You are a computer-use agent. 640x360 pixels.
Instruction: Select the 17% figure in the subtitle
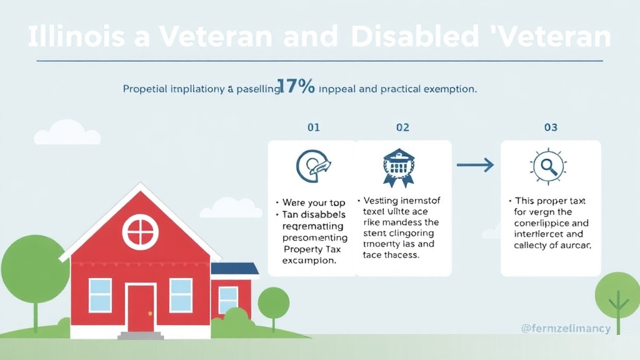[x=298, y=87]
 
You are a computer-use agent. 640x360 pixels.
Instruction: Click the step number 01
[x=313, y=127]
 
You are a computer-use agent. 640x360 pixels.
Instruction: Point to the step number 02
[x=402, y=127]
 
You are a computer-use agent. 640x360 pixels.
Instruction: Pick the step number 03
[x=551, y=127]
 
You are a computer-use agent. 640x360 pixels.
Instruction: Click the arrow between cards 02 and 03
[x=475, y=165]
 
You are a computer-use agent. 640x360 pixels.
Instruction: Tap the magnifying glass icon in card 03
[x=549, y=166]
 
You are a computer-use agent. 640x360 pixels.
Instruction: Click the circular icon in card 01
[x=312, y=166]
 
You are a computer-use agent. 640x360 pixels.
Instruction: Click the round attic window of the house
[x=140, y=232]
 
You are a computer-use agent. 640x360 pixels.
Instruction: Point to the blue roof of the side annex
[x=235, y=269]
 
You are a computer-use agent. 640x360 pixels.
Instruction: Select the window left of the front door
[x=100, y=295]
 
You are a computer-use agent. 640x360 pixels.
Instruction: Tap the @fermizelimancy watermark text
[x=565, y=328]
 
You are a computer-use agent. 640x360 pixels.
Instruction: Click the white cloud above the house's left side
[x=67, y=133]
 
